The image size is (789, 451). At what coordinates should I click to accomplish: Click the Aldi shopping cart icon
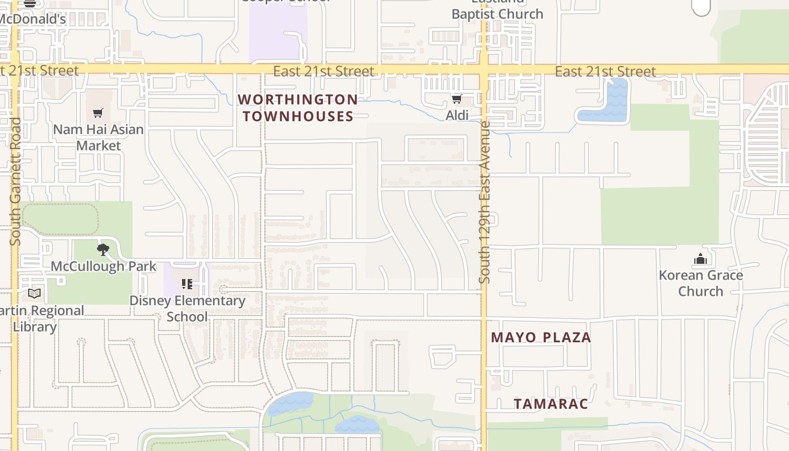click(x=456, y=99)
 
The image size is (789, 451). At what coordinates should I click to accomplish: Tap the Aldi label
click(x=457, y=116)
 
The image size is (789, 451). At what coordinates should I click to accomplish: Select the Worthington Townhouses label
click(x=298, y=108)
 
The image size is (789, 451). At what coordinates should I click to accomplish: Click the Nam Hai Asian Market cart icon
click(x=98, y=113)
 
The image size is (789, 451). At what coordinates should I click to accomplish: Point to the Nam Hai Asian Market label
click(x=98, y=138)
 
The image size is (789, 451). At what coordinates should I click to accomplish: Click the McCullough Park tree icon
click(x=103, y=249)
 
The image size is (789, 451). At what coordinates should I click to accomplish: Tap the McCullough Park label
click(x=104, y=266)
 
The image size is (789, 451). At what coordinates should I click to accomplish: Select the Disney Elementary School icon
click(x=187, y=284)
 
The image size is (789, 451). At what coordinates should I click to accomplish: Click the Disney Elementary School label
click(x=187, y=308)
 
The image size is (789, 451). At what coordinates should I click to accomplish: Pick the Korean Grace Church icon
click(x=701, y=259)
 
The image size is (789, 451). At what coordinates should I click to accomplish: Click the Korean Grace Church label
click(x=701, y=283)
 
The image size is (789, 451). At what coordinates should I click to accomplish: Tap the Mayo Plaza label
click(x=541, y=337)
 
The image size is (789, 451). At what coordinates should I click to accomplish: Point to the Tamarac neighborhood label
click(x=551, y=404)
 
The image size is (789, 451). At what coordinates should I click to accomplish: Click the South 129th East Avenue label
click(x=485, y=203)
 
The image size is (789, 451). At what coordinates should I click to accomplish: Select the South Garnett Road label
click(x=15, y=180)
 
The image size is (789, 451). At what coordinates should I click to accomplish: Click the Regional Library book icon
click(x=34, y=293)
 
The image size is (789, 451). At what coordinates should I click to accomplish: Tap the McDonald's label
click(x=32, y=19)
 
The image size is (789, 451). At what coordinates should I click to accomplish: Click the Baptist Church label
click(x=497, y=14)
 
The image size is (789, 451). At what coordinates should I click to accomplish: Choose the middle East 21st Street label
click(x=323, y=71)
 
